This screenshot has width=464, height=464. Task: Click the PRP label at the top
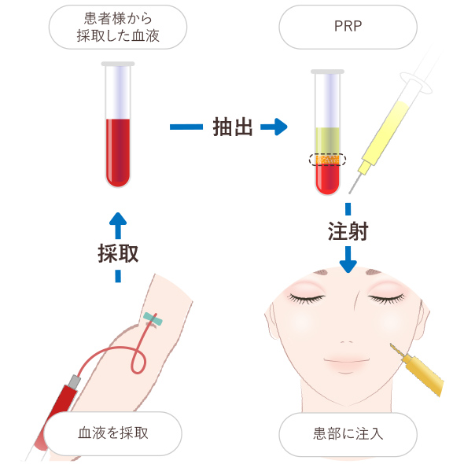[x=348, y=26]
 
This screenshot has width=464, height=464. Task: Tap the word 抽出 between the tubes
[x=233, y=127]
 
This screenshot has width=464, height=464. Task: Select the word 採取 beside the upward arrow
[x=118, y=253]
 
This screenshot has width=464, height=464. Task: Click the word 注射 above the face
[x=348, y=231]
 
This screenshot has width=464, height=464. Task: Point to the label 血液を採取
[x=112, y=433]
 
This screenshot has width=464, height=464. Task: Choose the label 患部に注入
[x=348, y=434]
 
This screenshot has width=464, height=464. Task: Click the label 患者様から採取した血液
[x=118, y=27]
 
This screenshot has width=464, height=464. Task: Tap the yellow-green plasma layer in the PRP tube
[x=327, y=141]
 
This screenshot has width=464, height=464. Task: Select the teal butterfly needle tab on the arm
[x=153, y=319]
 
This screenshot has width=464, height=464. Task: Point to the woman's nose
[x=347, y=341]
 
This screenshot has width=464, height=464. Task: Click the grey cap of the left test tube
[x=118, y=64]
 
